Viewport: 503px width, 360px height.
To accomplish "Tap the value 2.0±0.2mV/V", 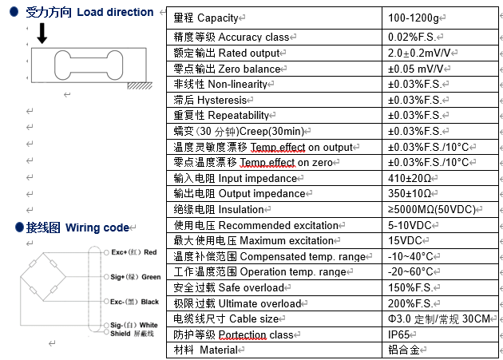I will pos(422,53).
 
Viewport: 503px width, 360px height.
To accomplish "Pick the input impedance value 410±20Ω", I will pos(411,178).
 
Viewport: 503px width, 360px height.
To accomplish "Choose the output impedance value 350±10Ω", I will pos(411,193).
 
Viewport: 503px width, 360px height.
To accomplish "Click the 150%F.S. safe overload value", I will pos(412,287).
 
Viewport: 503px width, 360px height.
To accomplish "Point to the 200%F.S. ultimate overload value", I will pos(412,303).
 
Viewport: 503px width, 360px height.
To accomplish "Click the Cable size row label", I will pos(227,318).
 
